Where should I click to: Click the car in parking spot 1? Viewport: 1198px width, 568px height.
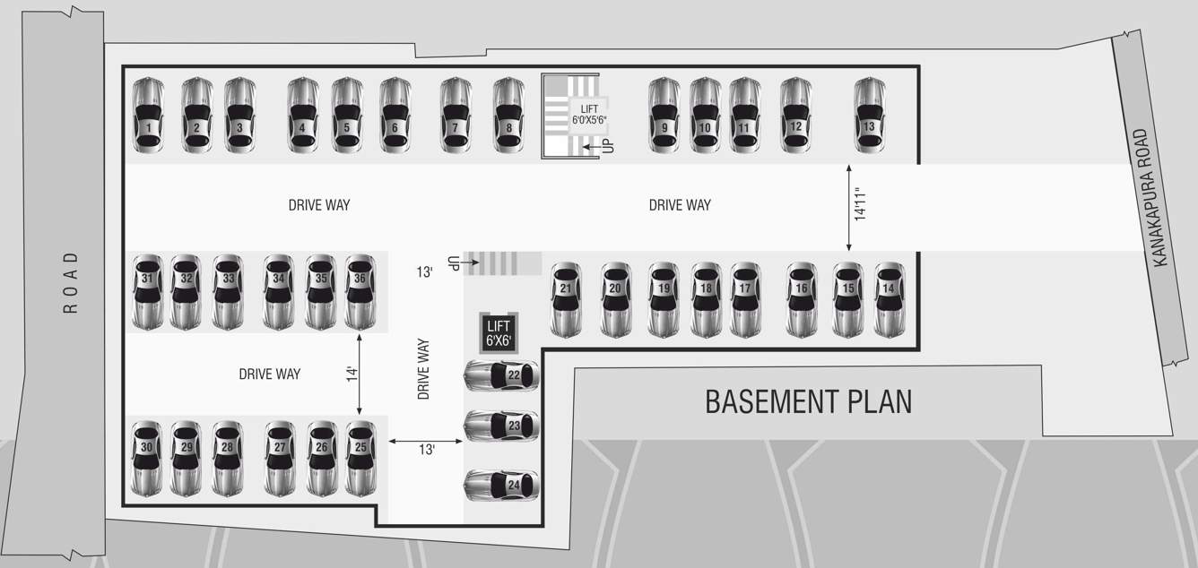point(148,116)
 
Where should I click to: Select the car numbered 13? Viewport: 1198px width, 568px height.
point(869,116)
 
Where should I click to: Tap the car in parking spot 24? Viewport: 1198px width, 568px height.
point(501,485)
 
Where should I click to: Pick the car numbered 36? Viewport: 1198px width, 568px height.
point(360,291)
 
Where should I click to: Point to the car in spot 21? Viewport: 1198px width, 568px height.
point(565,299)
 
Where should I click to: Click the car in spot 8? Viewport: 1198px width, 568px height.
point(508,116)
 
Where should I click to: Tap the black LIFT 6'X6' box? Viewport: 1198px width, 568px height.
point(498,332)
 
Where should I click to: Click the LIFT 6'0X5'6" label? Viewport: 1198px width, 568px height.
point(589,114)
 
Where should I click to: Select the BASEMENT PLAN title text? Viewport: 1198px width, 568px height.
point(808,401)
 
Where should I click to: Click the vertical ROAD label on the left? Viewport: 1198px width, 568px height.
point(71,282)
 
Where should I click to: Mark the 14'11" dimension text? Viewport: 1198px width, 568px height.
point(861,205)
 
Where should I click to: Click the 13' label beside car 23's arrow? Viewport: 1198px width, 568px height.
point(426,450)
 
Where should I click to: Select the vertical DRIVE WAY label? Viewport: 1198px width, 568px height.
point(424,368)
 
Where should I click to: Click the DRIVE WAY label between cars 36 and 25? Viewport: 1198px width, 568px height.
point(269,374)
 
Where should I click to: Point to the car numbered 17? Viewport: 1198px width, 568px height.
point(744,299)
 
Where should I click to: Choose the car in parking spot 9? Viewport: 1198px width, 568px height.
point(664,116)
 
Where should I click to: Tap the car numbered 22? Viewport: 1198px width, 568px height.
point(501,374)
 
